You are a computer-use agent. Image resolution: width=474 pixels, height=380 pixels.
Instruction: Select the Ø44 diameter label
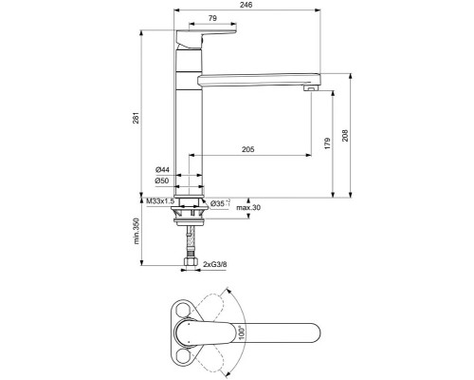point(162,169)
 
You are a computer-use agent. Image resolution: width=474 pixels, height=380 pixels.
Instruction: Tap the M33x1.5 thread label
point(159,201)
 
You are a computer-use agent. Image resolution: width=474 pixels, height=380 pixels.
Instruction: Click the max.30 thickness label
point(248,207)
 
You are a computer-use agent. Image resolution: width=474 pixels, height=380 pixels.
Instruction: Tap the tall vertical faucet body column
point(188,133)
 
